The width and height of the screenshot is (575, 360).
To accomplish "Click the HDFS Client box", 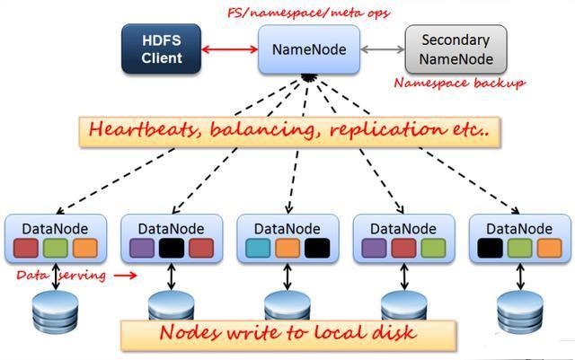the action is coord(162,48).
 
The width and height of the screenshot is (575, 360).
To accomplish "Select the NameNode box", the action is coord(309,49).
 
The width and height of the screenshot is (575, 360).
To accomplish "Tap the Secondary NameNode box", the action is coord(456,49).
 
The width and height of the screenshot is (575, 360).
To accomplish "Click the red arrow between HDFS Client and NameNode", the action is coord(230,49).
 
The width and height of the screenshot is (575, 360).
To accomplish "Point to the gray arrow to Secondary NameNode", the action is coord(383,49).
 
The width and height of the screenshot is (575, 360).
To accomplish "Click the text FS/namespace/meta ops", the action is coord(308,13).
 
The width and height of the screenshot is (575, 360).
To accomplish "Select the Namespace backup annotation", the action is coord(460,83).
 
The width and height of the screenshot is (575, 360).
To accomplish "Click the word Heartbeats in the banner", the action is coord(144,130).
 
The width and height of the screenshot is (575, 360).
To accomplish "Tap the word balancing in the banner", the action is coord(265,130).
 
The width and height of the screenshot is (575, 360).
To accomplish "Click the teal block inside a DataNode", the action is coord(258,248).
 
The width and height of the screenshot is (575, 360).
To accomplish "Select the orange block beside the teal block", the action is coord(287,248).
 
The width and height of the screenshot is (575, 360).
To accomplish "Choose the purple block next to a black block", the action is coord(142,248).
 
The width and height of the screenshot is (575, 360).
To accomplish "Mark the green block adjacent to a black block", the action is coord(519,248).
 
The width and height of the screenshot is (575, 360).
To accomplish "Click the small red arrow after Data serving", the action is coord(125,276).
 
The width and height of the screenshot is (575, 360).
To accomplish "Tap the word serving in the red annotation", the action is coord(82,276).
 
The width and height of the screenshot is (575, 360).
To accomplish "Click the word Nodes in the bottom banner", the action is coord(190,332).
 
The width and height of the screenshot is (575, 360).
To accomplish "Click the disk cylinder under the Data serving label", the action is coord(55,312).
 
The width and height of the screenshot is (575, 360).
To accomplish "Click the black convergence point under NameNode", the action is coord(309,78).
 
